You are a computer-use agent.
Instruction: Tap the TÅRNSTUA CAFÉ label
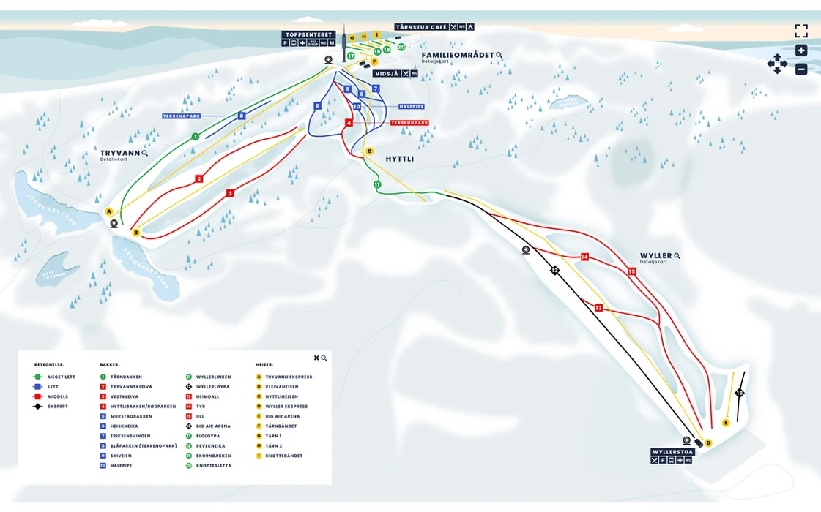[421, 27]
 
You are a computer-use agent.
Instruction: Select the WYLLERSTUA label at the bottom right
[671, 452]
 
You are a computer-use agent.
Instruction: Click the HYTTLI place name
[400, 158]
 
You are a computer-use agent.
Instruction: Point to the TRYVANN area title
[120, 153]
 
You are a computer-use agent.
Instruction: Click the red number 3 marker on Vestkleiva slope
[230, 193]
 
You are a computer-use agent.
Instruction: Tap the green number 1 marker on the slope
[196, 136]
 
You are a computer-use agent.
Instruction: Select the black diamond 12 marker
[554, 271]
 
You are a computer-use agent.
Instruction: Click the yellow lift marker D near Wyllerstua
[707, 443]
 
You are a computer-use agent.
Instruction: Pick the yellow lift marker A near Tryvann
[109, 211]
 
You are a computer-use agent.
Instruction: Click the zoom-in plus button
[801, 50]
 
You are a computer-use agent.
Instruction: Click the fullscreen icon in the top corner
[801, 31]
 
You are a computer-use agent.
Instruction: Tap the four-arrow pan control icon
[776, 64]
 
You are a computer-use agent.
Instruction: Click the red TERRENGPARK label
[409, 123]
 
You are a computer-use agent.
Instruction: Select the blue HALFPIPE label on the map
[411, 106]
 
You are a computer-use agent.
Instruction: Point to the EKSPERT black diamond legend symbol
[37, 407]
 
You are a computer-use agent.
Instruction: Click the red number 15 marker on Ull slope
[631, 271]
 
